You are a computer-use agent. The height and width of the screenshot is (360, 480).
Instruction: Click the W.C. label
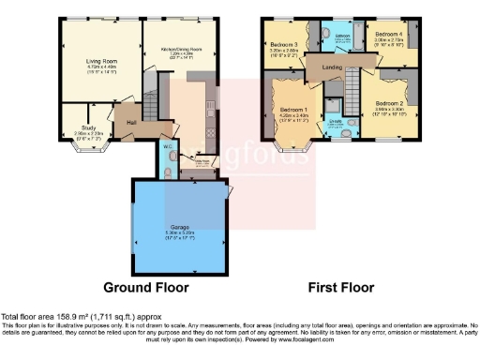coord(165,145)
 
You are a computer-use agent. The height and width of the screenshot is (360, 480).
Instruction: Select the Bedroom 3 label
coord(284,44)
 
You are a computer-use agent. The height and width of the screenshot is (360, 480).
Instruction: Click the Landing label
coord(330,67)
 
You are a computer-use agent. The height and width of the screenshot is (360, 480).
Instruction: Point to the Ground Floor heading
coord(145,287)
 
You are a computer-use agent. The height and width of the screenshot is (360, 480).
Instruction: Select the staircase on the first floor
coord(353,89)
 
